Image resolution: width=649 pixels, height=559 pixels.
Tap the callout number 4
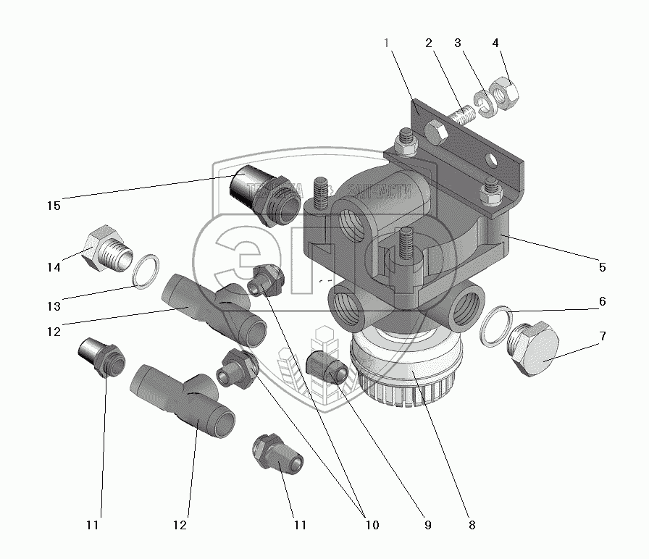[495, 43]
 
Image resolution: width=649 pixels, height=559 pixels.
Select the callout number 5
[602, 266]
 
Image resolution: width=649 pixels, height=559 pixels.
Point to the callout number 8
[472, 524]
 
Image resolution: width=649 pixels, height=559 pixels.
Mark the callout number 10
[372, 524]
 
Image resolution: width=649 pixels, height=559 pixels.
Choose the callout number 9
[428, 524]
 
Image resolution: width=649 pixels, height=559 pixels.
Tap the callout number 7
[602, 337]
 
